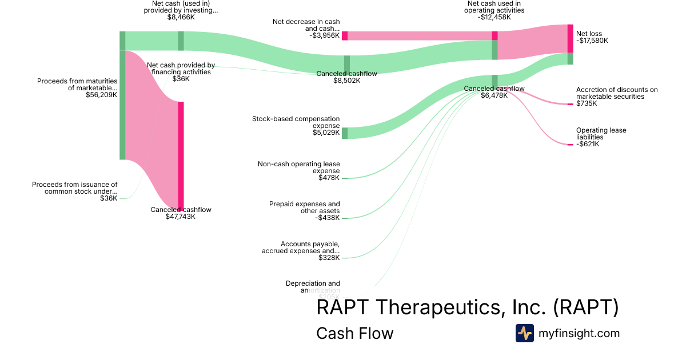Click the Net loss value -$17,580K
(592, 41)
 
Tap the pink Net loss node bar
(570, 38)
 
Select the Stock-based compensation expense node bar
(345, 133)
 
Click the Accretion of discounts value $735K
(587, 103)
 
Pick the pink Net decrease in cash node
(345, 35)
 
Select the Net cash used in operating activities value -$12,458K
(494, 17)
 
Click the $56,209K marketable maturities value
(102, 95)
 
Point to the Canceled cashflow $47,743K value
(181, 217)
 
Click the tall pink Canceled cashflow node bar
(181, 154)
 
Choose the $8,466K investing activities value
(181, 17)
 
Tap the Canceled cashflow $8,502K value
(347, 81)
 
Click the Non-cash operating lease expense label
(298, 167)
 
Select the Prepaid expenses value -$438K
(328, 218)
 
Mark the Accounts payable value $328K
(329, 258)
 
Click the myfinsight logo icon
(524, 333)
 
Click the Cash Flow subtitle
(354, 333)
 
